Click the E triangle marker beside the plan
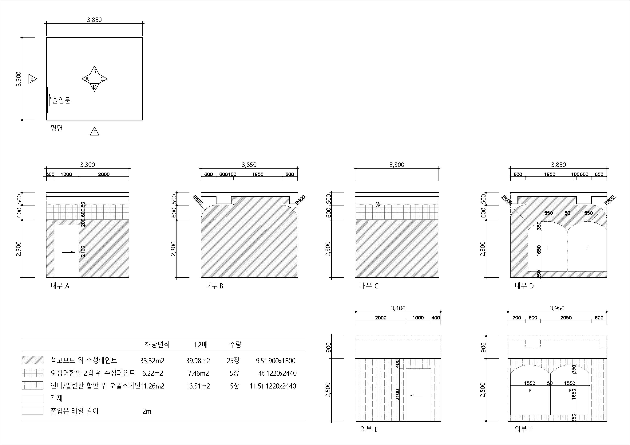[x=32, y=79]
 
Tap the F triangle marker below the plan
[x=94, y=132]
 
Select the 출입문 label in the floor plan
[x=61, y=100]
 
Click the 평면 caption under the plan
[x=57, y=128]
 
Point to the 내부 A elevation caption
[x=60, y=286]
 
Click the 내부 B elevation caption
[x=214, y=286]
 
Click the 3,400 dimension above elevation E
[x=398, y=308]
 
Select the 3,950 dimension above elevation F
[x=557, y=308]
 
